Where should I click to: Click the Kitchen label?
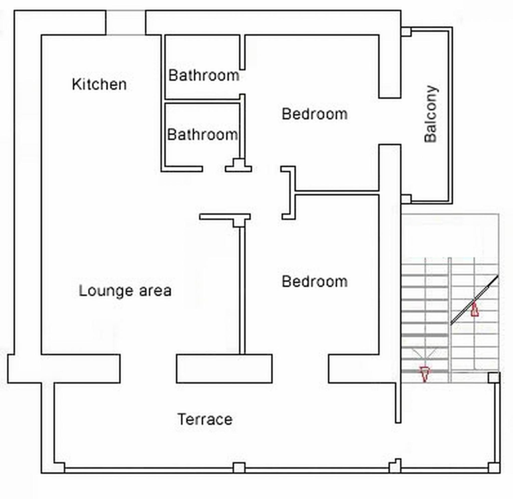(99, 84)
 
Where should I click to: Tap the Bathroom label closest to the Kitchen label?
(204, 75)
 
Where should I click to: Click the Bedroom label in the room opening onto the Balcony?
(314, 114)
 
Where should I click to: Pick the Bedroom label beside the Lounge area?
(314, 282)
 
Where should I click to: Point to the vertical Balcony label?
(431, 114)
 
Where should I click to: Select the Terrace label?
(205, 419)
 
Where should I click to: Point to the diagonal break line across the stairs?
(474, 300)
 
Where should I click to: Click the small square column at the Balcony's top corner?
(406, 32)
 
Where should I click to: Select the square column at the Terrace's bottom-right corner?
(494, 467)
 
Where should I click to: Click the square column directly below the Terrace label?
(239, 467)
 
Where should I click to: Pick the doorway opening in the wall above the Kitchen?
(125, 23)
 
